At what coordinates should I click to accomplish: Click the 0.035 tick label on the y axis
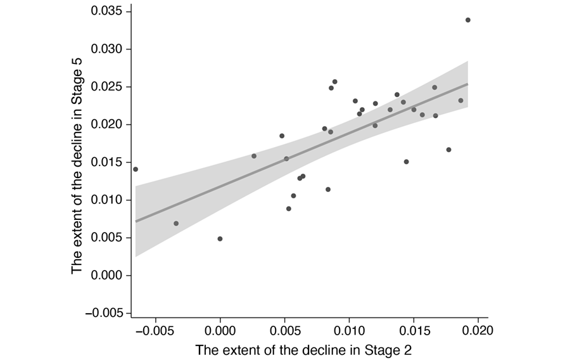[x=109, y=11]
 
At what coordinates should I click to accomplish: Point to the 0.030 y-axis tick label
[x=109, y=49]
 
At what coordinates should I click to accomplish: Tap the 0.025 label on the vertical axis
[x=109, y=87]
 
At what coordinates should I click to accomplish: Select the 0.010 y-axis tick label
[x=109, y=200]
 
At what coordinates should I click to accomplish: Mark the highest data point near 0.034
[x=468, y=20]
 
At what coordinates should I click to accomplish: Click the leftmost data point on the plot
[x=136, y=169]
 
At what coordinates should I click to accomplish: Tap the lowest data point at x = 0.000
[x=220, y=239]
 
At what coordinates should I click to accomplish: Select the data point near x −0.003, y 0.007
[x=176, y=223]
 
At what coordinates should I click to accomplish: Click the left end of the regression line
[x=136, y=221]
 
